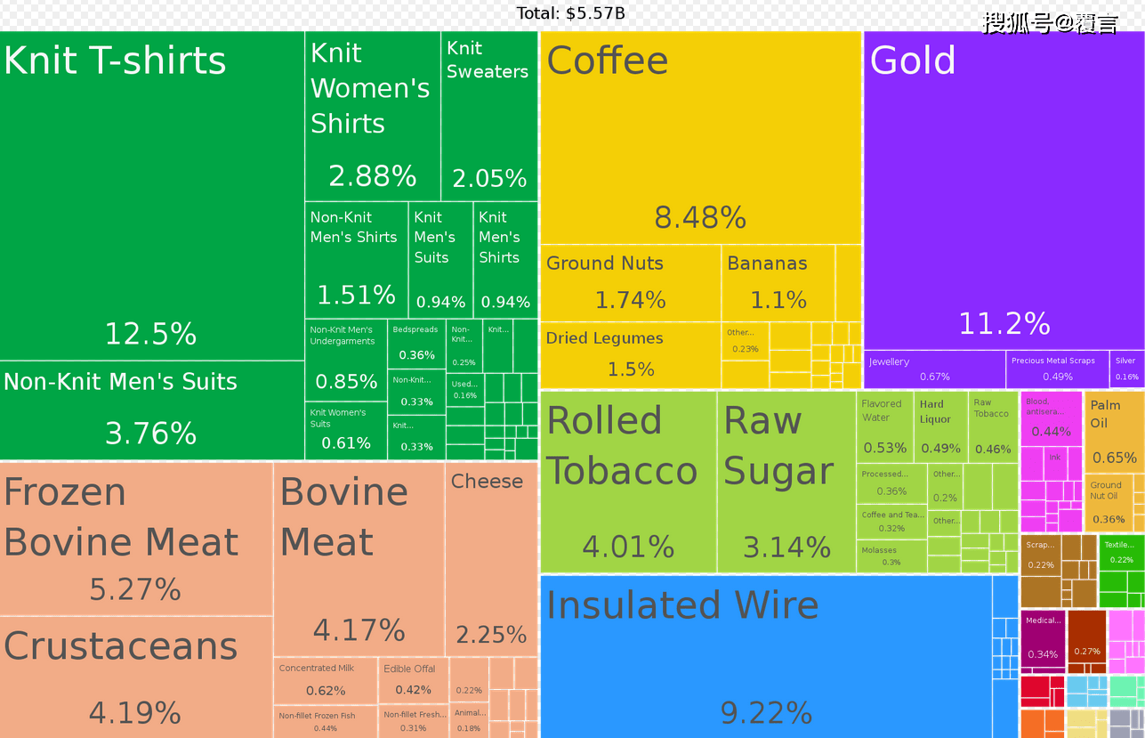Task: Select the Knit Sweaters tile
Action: pyautogui.click(x=488, y=116)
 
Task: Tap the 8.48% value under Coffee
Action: pyautogui.click(x=700, y=217)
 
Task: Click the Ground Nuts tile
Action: pyautogui.click(x=630, y=282)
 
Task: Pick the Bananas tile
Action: pyautogui.click(x=778, y=282)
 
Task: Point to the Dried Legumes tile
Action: pyautogui.click(x=630, y=354)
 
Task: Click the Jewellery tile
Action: pyautogui.click(x=934, y=369)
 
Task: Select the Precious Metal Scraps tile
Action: pyautogui.click(x=1057, y=369)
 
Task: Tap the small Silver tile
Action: pyautogui.click(x=1126, y=369)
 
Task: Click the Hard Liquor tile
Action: pyautogui.click(x=940, y=426)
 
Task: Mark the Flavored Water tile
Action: pyautogui.click(x=884, y=426)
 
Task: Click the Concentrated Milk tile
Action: pyautogui.click(x=326, y=680)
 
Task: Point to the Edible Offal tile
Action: pyautogui.click(x=413, y=680)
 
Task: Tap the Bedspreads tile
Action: pyautogui.click(x=415, y=344)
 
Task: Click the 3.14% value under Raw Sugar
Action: pyautogui.click(x=786, y=547)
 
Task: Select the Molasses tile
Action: pyautogui.click(x=891, y=556)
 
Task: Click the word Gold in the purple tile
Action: pyautogui.click(x=913, y=61)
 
